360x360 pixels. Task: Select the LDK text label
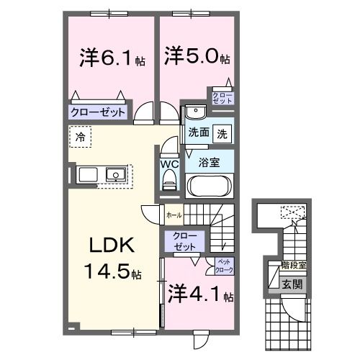pyautogui.click(x=108, y=247)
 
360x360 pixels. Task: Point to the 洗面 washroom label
pyautogui.click(x=199, y=133)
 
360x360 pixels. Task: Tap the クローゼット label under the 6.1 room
pyautogui.click(x=98, y=112)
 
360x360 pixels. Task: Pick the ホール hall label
pyautogui.click(x=174, y=215)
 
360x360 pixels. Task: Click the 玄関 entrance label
pyautogui.click(x=292, y=283)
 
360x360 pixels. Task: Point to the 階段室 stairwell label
pyautogui.click(x=293, y=266)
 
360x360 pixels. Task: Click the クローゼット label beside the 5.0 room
pyautogui.click(x=220, y=98)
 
